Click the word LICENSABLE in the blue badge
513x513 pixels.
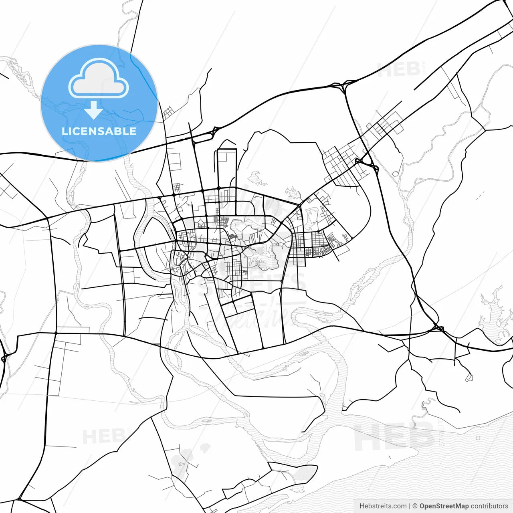tap(99, 131)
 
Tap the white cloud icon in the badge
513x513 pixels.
tap(99, 79)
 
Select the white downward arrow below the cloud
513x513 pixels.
tap(94, 110)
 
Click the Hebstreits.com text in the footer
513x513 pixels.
tap(383, 506)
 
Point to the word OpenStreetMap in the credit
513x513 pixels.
tap(444, 506)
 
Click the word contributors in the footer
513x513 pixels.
tap(489, 506)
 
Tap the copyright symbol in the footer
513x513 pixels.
tap(415, 506)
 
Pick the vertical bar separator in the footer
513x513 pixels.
tap(410, 506)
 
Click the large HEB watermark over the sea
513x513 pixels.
tap(393, 437)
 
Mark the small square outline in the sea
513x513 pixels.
tap(478, 438)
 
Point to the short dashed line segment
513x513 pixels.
tap(479, 196)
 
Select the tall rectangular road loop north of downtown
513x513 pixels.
tap(227, 168)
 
